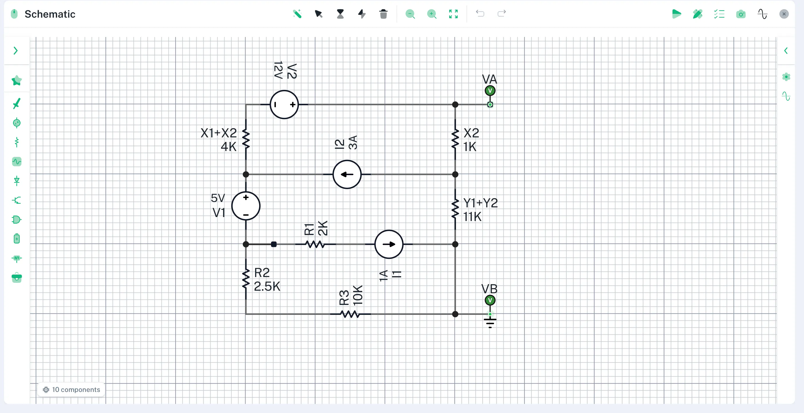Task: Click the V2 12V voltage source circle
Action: pos(284,104)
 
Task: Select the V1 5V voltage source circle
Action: pos(246,206)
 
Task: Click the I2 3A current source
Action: pos(347,174)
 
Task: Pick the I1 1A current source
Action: pos(389,244)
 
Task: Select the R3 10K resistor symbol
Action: pos(350,314)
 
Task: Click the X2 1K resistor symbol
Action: pos(455,139)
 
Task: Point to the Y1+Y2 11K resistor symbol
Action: pos(455,209)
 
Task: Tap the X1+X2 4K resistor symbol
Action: pos(246,139)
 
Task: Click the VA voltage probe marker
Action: pos(490,91)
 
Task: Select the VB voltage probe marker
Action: pos(490,300)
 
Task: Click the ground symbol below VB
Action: pos(490,322)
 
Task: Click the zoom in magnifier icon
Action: pos(432,14)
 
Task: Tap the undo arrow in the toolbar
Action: pos(480,13)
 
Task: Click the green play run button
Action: pos(676,14)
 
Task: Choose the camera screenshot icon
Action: pos(741,14)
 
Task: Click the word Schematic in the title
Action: pos(50,14)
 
